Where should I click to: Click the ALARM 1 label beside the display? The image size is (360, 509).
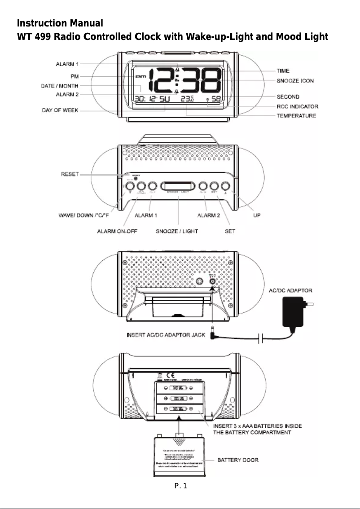coord(67,64)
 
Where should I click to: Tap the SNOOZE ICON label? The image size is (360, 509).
coord(295,81)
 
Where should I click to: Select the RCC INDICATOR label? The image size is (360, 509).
coord(297,106)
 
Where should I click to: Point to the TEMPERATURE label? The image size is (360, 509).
coord(296,116)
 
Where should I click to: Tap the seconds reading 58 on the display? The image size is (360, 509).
coord(215,99)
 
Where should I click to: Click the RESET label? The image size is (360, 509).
coord(70,174)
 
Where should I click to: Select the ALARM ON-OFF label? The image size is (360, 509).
coord(117,231)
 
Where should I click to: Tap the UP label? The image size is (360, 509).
coord(257,215)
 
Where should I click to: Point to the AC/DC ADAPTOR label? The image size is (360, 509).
coord(290,290)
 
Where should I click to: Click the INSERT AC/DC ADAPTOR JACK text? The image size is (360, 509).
coord(167,335)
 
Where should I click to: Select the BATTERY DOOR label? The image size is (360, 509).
coord(238,460)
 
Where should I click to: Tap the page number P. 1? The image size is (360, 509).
coord(180,486)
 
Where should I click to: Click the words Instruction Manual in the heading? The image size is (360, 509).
coord(60,23)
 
